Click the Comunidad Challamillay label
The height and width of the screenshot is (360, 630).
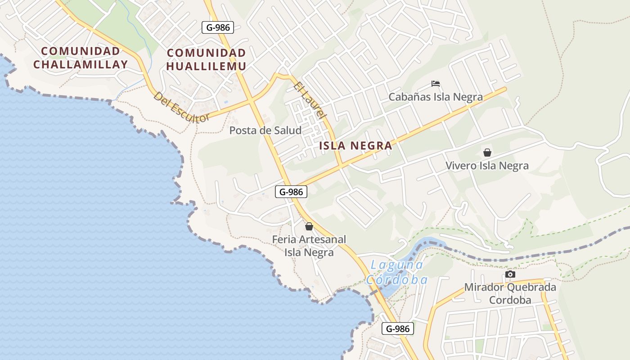tap(80, 58)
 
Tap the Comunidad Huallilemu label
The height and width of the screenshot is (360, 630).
tap(206, 59)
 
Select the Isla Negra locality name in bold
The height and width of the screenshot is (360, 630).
tap(355, 146)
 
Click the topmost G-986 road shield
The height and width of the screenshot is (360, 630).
tap(218, 27)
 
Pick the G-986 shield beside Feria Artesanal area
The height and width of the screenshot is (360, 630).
tap(291, 192)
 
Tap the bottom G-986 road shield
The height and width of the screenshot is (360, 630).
tap(398, 328)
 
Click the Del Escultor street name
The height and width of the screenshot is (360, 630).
tap(181, 107)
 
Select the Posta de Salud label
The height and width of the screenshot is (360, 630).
tap(265, 130)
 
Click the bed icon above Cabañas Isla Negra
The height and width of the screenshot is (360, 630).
tap(435, 84)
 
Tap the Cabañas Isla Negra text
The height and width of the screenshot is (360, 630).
tap(435, 97)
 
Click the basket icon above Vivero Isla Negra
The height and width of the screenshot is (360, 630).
tap(487, 153)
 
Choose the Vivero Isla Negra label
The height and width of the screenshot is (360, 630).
tap(487, 166)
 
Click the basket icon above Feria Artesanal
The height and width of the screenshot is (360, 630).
tap(309, 226)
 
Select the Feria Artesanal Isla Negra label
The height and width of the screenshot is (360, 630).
tap(309, 246)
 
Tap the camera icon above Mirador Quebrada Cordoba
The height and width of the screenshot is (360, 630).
tap(510, 274)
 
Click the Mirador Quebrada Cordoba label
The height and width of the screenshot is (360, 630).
tap(510, 293)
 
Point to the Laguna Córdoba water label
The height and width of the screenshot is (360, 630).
tap(396, 272)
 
